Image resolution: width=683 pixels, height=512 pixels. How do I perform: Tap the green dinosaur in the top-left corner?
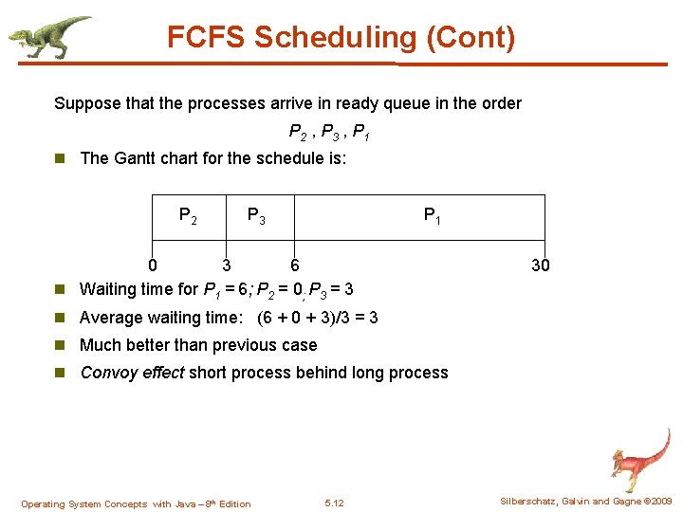click(x=47, y=36)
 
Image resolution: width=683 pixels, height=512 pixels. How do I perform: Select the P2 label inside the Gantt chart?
click(x=188, y=216)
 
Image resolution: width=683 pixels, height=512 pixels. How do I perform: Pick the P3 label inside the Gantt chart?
click(x=256, y=216)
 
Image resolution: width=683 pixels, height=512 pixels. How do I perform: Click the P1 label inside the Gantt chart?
click(x=432, y=216)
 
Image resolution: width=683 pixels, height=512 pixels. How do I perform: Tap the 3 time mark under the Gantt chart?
click(x=226, y=265)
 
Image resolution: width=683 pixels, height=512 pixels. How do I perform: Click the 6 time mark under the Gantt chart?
click(x=295, y=265)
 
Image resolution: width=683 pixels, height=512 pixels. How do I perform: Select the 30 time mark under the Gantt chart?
click(x=540, y=265)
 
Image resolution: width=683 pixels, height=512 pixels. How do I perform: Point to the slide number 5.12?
click(x=334, y=503)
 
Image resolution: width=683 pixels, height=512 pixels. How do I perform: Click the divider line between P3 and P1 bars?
click(x=294, y=217)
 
